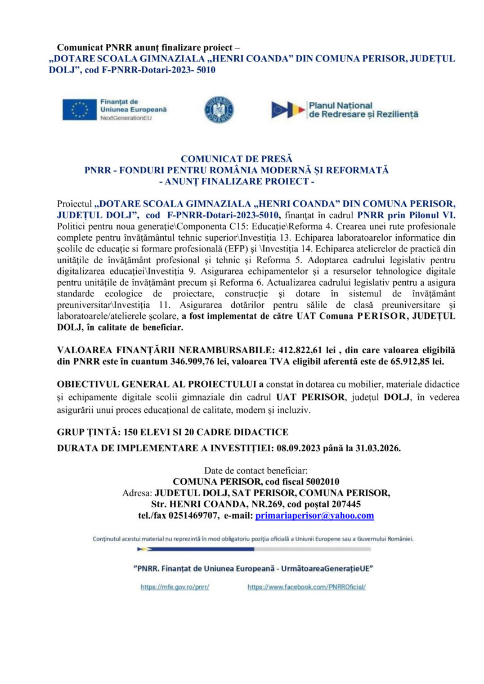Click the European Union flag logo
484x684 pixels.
[79, 109]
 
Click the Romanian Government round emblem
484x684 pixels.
[215, 110]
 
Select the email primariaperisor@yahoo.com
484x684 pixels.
[315, 515]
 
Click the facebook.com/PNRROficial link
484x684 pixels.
[307, 587]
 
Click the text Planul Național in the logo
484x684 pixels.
[340, 105]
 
